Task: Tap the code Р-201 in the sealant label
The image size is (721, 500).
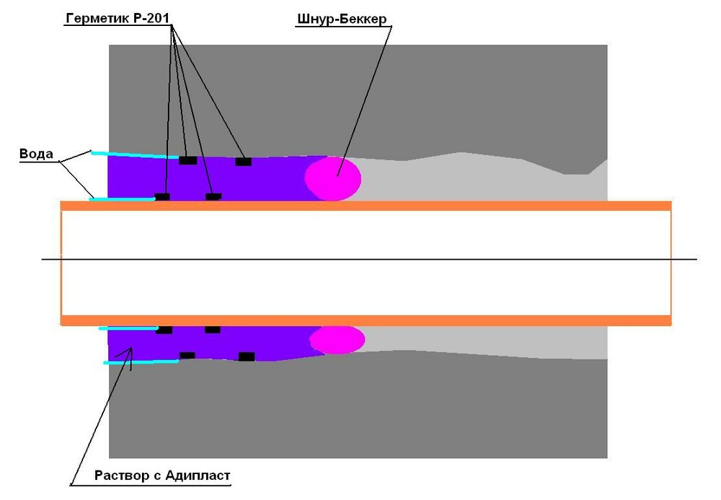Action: [151, 18]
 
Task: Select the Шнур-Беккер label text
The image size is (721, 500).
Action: [342, 19]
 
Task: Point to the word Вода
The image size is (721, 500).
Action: [36, 154]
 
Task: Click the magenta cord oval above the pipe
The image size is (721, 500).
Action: [333, 178]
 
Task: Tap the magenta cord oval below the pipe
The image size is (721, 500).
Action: [337, 340]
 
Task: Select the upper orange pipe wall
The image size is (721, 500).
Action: [366, 206]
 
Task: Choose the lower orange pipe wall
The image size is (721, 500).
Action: [366, 320]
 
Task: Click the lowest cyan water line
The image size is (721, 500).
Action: [141, 362]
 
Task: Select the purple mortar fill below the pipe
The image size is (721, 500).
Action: [207, 343]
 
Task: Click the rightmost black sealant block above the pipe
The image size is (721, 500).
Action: [243, 162]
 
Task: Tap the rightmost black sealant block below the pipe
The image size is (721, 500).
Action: [247, 356]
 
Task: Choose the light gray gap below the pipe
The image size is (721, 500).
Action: [483, 341]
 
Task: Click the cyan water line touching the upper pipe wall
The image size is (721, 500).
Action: [123, 199]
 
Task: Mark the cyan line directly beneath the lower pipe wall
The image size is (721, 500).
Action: [128, 328]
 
